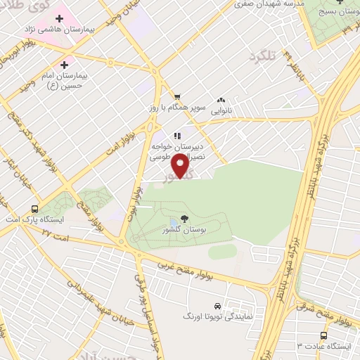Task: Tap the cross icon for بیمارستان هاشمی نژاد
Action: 59,18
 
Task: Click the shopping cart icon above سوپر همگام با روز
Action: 178,98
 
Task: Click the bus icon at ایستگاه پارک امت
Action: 35,209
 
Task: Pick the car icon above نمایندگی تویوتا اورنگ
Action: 218,307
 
